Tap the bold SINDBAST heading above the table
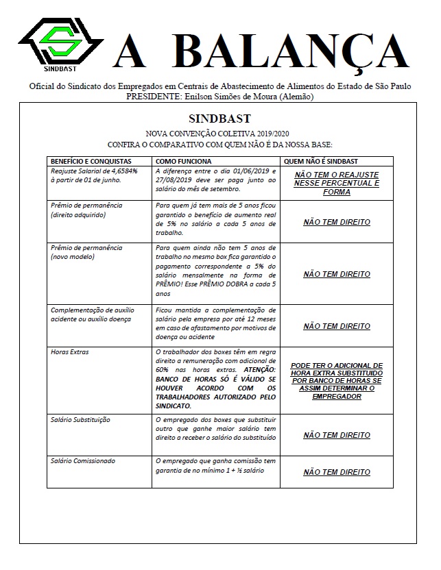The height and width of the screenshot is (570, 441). click(x=219, y=118)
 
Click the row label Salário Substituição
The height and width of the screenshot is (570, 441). click(x=80, y=419)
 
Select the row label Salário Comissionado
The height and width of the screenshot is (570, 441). click(x=83, y=461)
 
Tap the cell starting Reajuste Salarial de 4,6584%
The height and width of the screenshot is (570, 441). click(x=86, y=175)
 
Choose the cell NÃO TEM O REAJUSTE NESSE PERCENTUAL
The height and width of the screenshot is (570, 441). click(x=336, y=184)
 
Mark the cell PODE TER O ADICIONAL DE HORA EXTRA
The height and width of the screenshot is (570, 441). click(x=336, y=381)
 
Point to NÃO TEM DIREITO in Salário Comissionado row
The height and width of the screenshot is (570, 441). click(x=336, y=472)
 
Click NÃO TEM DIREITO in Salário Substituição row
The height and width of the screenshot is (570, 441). click(x=336, y=435)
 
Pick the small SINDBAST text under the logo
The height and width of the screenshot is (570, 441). click(x=58, y=68)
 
